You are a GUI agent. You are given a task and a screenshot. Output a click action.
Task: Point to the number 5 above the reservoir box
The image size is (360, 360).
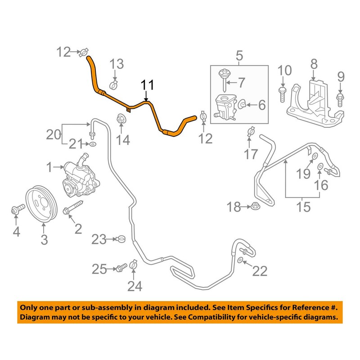pos(239,56)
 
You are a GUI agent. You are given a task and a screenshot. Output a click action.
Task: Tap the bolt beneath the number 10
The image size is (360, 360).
pos(283,94)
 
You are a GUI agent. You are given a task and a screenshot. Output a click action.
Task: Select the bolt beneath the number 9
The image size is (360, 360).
pos(340,96)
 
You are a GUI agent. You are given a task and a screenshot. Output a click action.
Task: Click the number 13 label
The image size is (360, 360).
pos(117,64)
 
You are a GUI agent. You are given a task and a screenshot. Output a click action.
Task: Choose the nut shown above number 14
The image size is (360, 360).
pos(121,120)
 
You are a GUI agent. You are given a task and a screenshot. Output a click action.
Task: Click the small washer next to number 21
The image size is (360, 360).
pos(92,144)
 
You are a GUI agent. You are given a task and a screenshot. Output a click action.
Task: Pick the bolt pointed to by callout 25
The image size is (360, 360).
pos(120,269)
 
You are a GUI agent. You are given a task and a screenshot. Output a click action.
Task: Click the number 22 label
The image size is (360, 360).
pos(260,271)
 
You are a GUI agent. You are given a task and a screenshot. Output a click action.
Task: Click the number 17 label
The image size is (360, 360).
pos(251,154)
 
